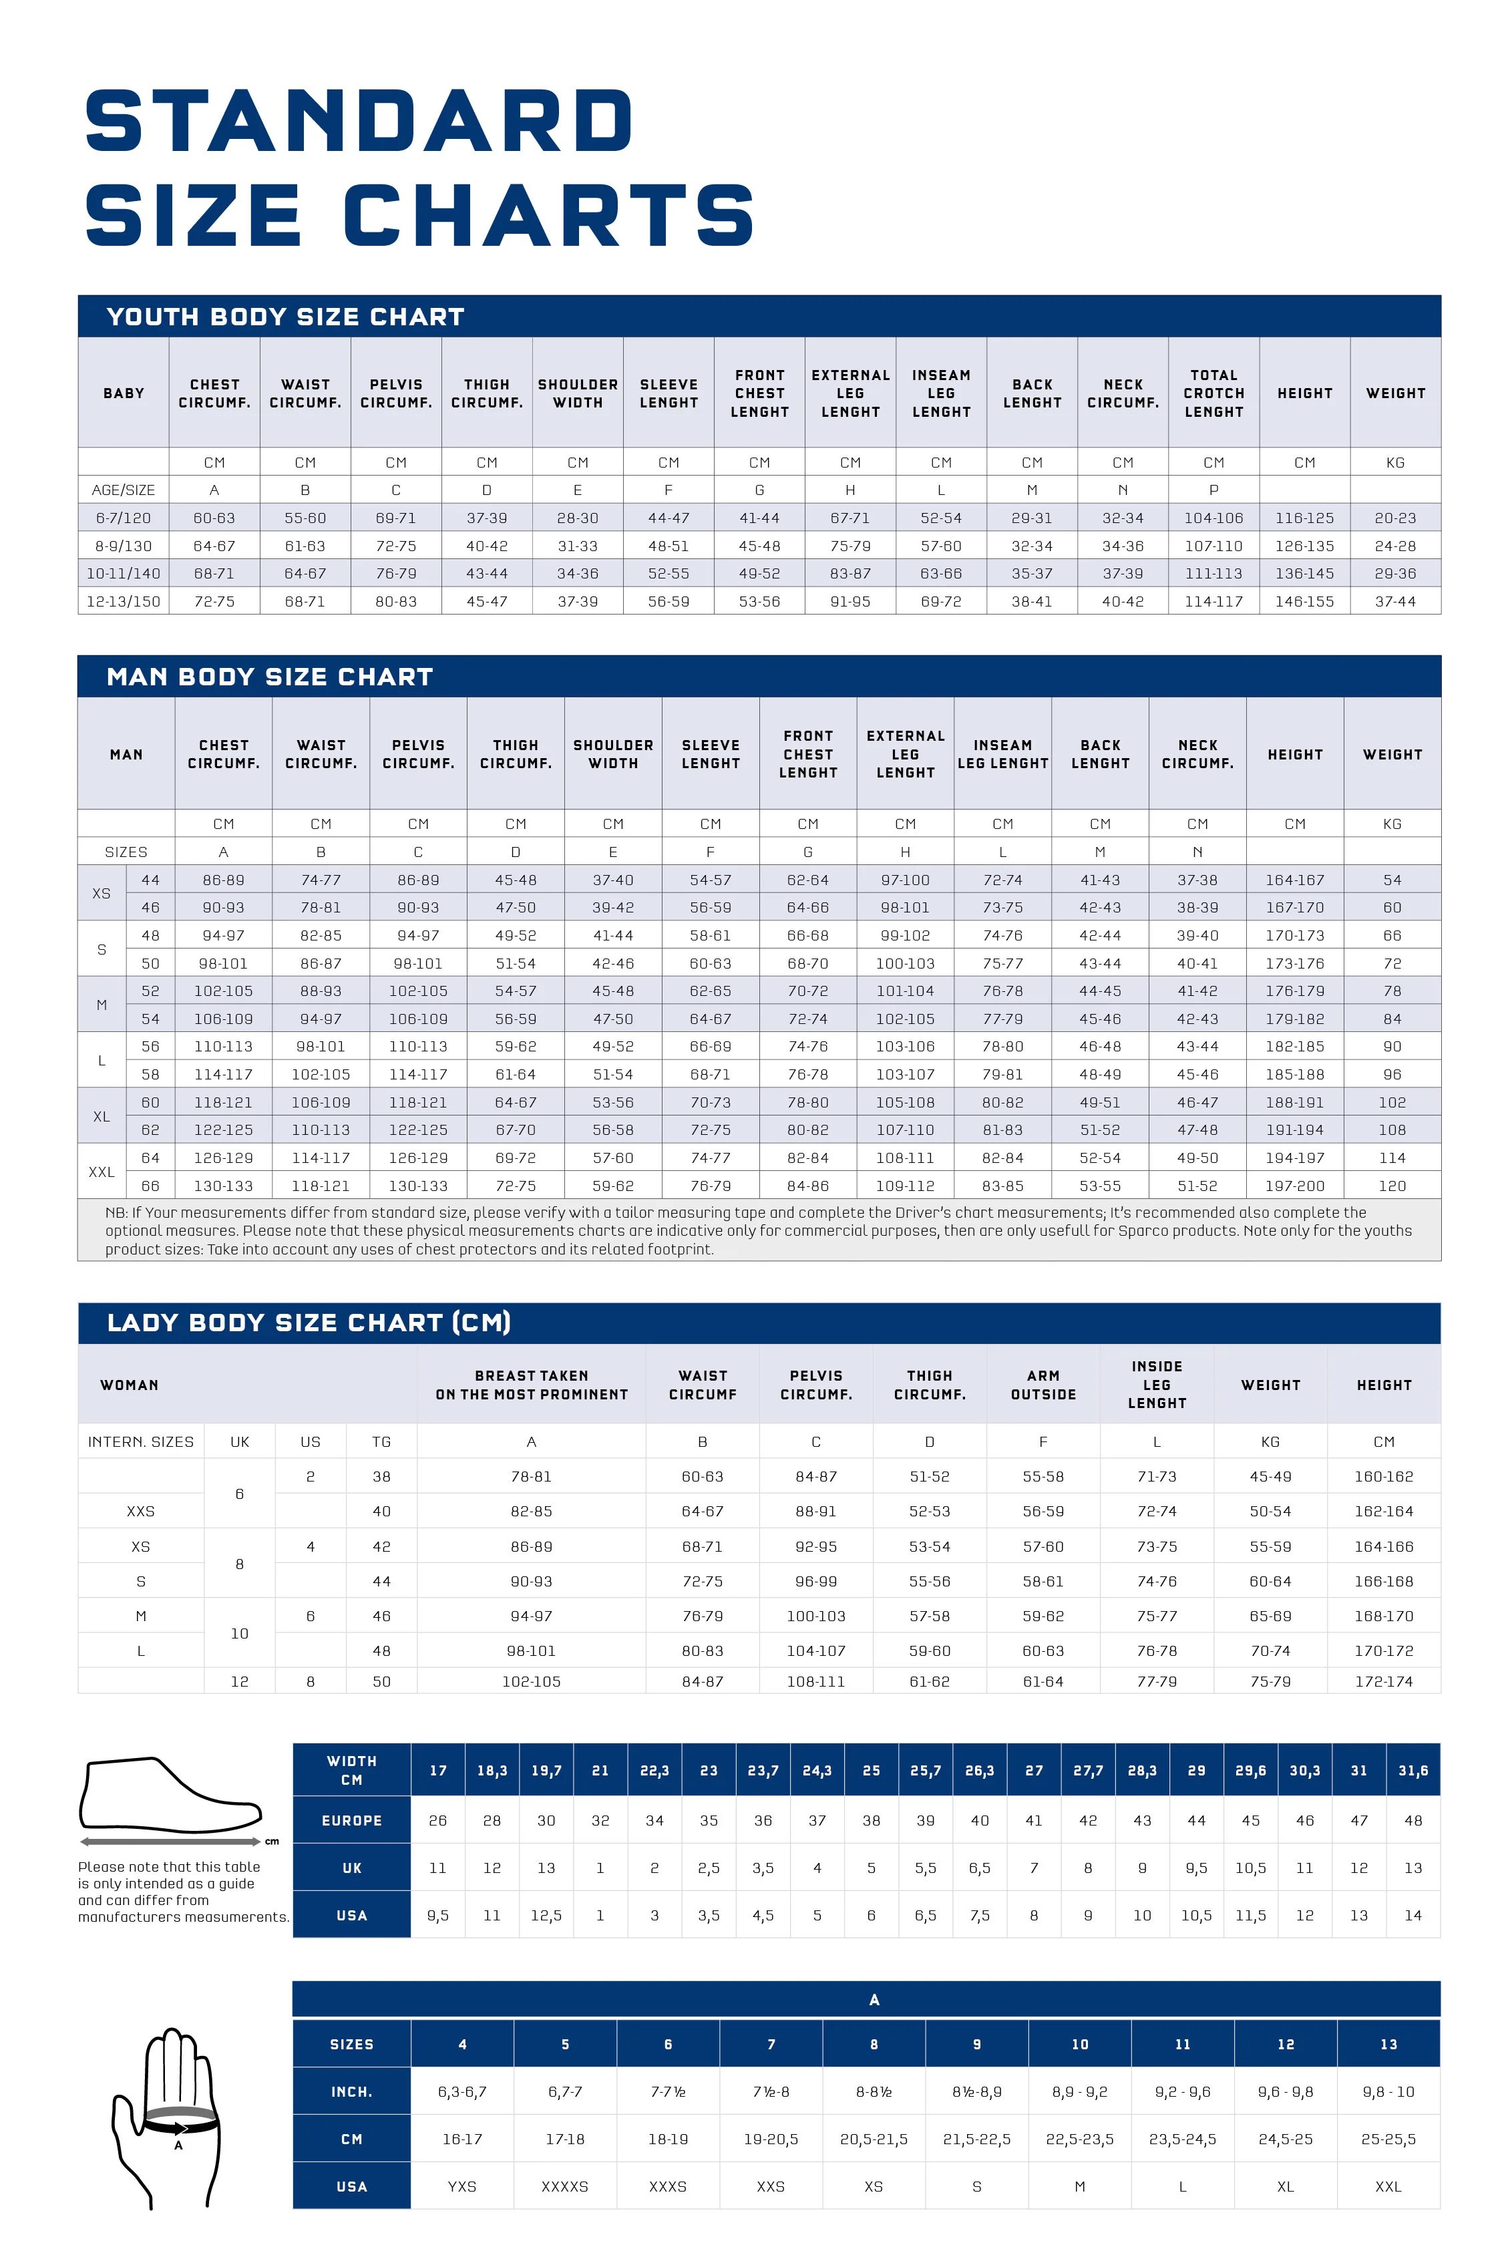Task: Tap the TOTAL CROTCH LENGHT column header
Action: (1213, 393)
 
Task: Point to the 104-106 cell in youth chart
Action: (1213, 518)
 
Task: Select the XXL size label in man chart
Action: (101, 1172)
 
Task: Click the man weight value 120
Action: (1392, 1186)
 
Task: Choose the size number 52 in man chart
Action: (150, 991)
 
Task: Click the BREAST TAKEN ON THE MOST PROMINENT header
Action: (531, 1385)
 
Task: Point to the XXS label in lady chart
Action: (140, 1511)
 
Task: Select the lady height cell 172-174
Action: (1383, 1681)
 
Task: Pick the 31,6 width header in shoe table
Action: (1412, 1770)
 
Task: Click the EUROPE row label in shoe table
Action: (351, 1820)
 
